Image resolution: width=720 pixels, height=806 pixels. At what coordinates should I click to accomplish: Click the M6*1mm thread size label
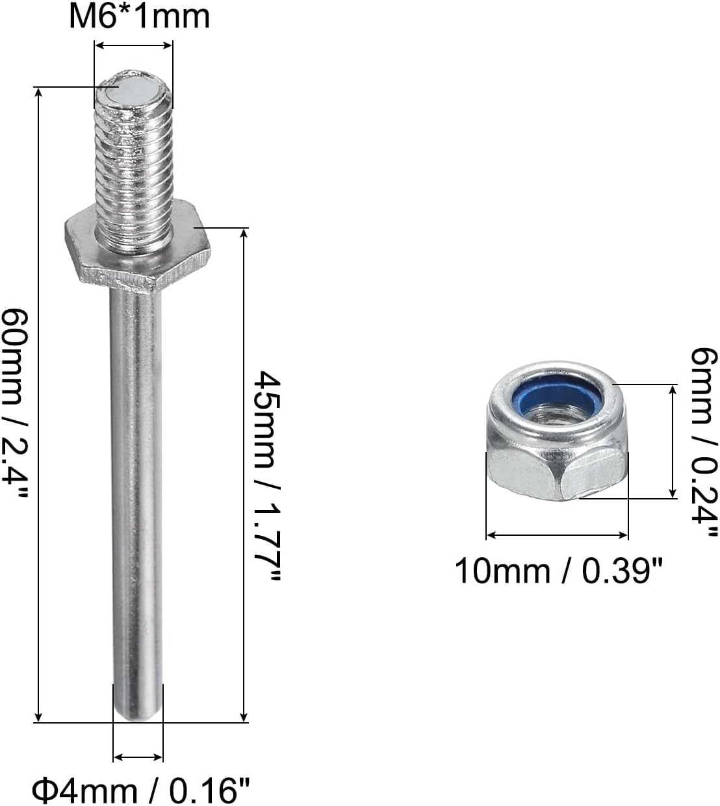(x=139, y=17)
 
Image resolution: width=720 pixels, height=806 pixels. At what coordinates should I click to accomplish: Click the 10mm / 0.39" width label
(x=559, y=571)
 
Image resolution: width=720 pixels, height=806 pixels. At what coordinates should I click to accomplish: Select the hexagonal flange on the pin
(x=138, y=247)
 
